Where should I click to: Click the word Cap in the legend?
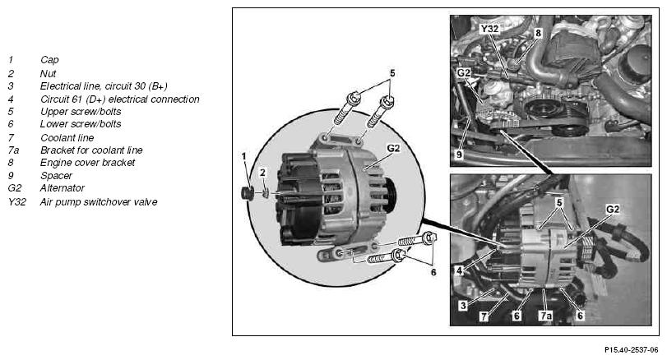(x=49, y=60)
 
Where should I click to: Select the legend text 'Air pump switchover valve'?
(x=99, y=202)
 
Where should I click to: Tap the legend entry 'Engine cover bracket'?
(x=87, y=163)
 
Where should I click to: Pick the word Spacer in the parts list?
(x=56, y=176)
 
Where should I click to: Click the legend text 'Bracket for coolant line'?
(x=91, y=150)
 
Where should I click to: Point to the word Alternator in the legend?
(x=63, y=188)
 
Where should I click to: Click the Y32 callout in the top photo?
(x=489, y=29)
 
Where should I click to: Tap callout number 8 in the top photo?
(x=538, y=33)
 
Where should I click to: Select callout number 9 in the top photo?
(x=459, y=155)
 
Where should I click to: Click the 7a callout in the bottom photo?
(x=545, y=316)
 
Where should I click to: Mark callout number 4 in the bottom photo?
(x=459, y=270)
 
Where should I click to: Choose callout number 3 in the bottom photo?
(x=463, y=305)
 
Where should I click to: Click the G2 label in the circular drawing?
(x=393, y=148)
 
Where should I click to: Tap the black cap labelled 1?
(x=248, y=193)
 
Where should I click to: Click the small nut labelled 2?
(x=266, y=194)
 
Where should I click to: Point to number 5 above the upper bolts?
(x=392, y=73)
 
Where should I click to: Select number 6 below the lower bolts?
(x=433, y=272)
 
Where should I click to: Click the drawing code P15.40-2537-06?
(x=632, y=350)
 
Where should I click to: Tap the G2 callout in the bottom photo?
(x=613, y=209)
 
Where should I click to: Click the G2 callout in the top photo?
(x=464, y=72)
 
